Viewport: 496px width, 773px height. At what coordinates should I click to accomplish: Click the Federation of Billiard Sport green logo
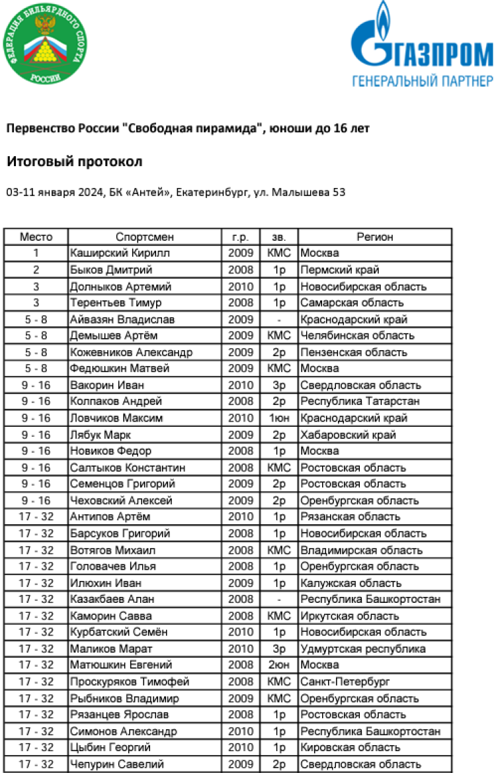pos(44,44)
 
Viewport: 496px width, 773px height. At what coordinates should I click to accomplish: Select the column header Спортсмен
pos(145,236)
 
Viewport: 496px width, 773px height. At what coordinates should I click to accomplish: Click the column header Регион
pos(374,236)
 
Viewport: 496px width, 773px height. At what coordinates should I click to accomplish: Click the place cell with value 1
pos(36,253)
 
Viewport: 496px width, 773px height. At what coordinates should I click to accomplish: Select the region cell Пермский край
pos(340,269)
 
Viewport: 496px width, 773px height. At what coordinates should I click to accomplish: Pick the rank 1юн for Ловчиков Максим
pos(279,418)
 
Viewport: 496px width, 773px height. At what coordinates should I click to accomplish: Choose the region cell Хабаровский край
pos(348,435)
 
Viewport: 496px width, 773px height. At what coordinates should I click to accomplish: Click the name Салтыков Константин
pos(128,467)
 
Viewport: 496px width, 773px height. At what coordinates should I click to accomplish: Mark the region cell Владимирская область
pos(361,550)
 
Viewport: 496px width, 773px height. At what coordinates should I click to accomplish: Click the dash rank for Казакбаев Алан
pos(279,599)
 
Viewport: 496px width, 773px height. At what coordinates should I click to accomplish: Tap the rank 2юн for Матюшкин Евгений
pos(279,664)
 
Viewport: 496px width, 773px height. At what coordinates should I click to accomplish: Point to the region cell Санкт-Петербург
pos(345,681)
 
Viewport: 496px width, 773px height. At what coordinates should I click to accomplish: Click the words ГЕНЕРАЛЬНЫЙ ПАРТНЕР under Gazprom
pos(422,81)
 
